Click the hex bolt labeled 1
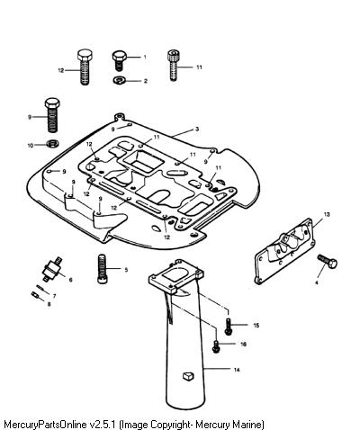(119, 60)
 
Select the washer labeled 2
(120, 80)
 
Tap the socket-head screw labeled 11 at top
(173, 65)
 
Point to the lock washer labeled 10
(53, 144)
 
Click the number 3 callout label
(197, 130)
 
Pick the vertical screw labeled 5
(103, 268)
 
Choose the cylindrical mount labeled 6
(53, 268)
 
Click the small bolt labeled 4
(328, 262)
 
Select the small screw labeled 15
(229, 327)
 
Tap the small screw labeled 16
(215, 346)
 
